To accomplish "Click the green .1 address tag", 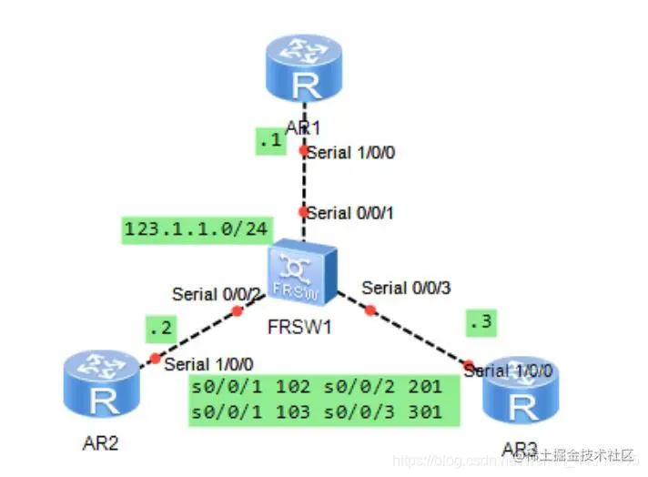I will coord(269,142).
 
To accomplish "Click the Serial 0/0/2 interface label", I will coord(218,294).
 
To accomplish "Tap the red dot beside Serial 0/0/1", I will coord(303,211).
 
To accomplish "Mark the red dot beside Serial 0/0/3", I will coord(370,310).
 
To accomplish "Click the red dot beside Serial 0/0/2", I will coord(238,310).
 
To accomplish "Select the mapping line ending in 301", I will coord(316,411).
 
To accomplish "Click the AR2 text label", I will coord(102,443).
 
